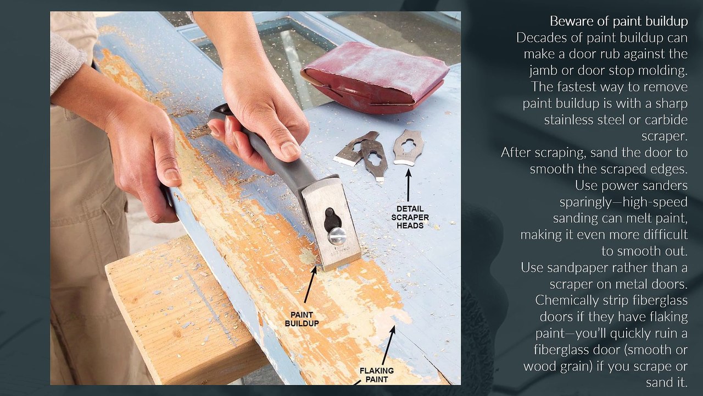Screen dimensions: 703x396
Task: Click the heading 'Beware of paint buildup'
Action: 618,21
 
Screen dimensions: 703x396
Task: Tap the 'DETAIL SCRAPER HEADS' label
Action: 410,217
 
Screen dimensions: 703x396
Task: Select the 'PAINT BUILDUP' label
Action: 302,319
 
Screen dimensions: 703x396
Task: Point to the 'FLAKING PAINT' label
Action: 377,375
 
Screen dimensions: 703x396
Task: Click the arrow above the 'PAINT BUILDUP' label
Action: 311,284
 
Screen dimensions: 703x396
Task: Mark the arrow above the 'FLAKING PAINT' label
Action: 388,345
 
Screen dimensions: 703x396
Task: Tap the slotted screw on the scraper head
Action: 337,235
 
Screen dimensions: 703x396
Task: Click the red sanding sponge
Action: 375,77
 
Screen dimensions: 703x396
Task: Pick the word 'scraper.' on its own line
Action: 665,136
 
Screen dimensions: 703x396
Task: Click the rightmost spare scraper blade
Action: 409,147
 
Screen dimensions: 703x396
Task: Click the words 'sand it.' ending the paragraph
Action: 667,382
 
